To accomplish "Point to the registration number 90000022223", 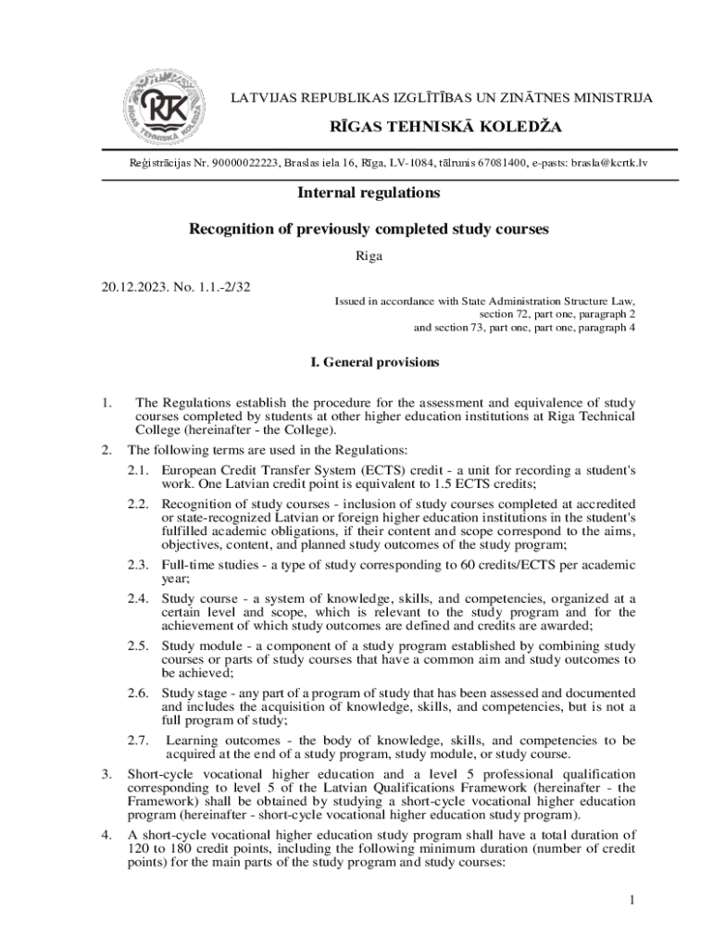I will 244,163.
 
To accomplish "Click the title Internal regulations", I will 369,193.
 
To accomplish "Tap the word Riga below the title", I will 369,255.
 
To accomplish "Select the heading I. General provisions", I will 369,362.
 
